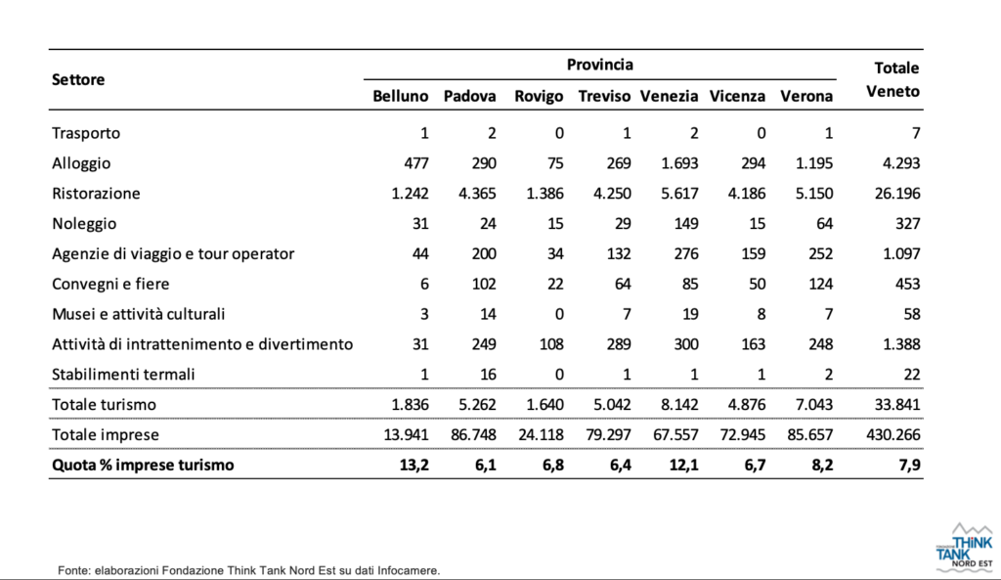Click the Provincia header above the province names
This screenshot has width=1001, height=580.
(x=599, y=65)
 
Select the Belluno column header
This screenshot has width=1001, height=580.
(x=400, y=96)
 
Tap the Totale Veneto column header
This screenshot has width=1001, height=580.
(x=893, y=79)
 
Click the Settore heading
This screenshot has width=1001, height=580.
(x=78, y=79)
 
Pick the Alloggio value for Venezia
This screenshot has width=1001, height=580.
(x=679, y=163)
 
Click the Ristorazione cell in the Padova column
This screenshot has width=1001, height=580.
(x=477, y=193)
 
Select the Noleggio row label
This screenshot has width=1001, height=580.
(x=84, y=224)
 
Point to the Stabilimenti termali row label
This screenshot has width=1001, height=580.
(x=123, y=375)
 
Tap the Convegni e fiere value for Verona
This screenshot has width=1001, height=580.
(x=820, y=284)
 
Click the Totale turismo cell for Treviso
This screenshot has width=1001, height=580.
(x=612, y=404)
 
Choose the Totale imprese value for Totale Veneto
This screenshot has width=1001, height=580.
(x=893, y=434)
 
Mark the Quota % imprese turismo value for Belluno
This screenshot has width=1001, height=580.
(x=413, y=465)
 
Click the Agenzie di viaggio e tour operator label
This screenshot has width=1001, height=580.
(x=173, y=253)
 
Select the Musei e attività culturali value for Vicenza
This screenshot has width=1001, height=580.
(x=761, y=314)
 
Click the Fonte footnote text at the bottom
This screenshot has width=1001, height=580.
(x=249, y=570)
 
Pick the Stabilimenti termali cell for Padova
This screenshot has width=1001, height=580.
(x=488, y=375)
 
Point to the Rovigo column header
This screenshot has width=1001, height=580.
(x=539, y=96)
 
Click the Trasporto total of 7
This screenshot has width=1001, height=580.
(x=915, y=133)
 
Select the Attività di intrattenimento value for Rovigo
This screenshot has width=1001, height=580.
(x=551, y=344)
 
